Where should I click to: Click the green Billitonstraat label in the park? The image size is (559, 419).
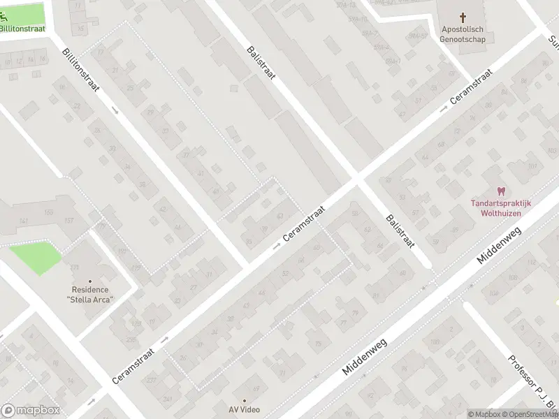pos(23,28)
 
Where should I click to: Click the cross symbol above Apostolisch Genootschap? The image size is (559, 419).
pos(463,17)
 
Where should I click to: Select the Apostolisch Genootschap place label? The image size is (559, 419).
pos(463,34)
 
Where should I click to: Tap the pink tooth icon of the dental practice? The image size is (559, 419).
pos(500,191)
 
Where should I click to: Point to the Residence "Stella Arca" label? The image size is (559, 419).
pos(90,295)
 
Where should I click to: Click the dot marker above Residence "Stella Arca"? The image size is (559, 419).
pos(90,281)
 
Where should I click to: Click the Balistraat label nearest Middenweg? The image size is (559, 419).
pos(400,231)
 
